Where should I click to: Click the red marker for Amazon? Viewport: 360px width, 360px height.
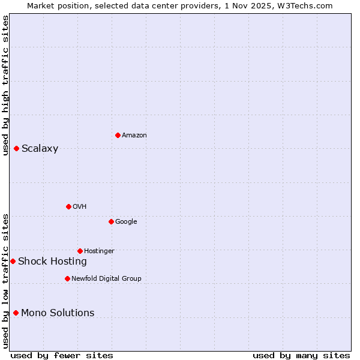point(118,135)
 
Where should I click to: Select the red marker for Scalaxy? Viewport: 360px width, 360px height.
point(16,148)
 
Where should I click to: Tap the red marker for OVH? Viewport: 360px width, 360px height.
point(68,206)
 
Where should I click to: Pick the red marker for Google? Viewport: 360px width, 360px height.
point(111,221)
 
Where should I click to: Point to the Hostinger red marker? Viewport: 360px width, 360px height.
point(80,251)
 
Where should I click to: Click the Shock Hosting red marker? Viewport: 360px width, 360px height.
point(13,261)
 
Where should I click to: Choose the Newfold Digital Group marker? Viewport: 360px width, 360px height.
point(67,278)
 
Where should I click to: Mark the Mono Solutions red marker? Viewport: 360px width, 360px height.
point(16,313)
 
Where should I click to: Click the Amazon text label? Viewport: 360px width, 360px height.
point(134,136)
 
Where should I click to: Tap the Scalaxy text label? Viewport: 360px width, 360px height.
point(40,149)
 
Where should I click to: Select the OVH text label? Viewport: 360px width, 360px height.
point(80,207)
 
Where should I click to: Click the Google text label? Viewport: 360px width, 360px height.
point(126,222)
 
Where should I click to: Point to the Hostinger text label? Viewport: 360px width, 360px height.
point(99,251)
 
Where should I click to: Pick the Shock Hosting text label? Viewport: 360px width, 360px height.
point(52,262)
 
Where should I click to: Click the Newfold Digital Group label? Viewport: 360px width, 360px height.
point(106,279)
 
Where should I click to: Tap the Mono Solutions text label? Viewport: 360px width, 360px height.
point(58,313)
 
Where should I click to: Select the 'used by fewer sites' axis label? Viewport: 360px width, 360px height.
point(62,355)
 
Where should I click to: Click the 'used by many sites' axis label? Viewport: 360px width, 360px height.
point(301,355)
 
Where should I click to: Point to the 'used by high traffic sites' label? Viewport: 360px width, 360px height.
point(5,85)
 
